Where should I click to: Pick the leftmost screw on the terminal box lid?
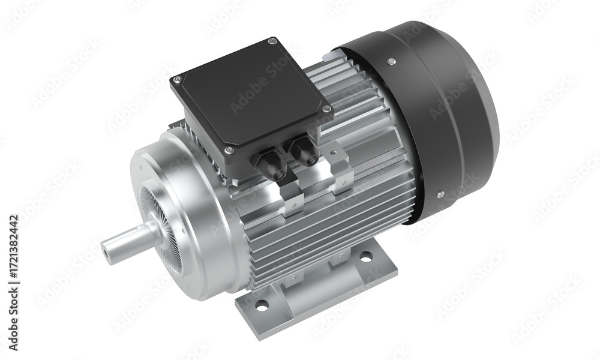177,80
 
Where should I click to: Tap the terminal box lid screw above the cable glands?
326,109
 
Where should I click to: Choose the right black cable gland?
304,152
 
